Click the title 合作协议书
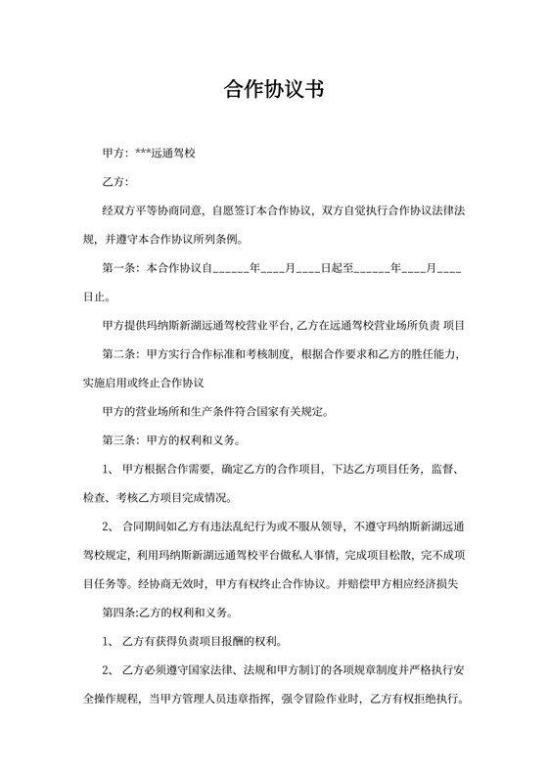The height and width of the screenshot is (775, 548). (273, 90)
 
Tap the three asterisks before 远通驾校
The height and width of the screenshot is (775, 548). (143, 154)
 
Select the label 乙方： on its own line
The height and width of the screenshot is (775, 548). (115, 182)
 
